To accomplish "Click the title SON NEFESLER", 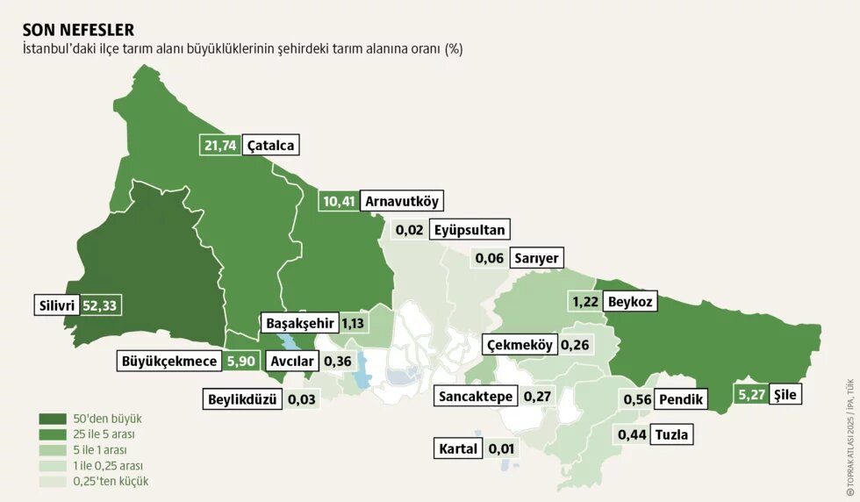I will coord(78,30).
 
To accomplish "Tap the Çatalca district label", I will coord(271,145).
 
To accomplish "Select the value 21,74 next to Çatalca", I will coord(220,145).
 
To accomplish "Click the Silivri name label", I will coord(55,305).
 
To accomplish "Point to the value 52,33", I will coord(99,305).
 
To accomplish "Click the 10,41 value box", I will coord(338,201).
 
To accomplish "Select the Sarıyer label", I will coord(537,258).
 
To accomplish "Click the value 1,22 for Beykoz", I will coord(584,302).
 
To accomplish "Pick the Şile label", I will coord(785,395).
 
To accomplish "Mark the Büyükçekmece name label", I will coord(170,360).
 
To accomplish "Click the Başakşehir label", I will coord(299,322).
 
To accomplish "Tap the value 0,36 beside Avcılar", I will coord(338,360).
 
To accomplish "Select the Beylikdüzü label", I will coord(242,399).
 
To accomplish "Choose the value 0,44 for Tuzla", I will coord(632,434).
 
